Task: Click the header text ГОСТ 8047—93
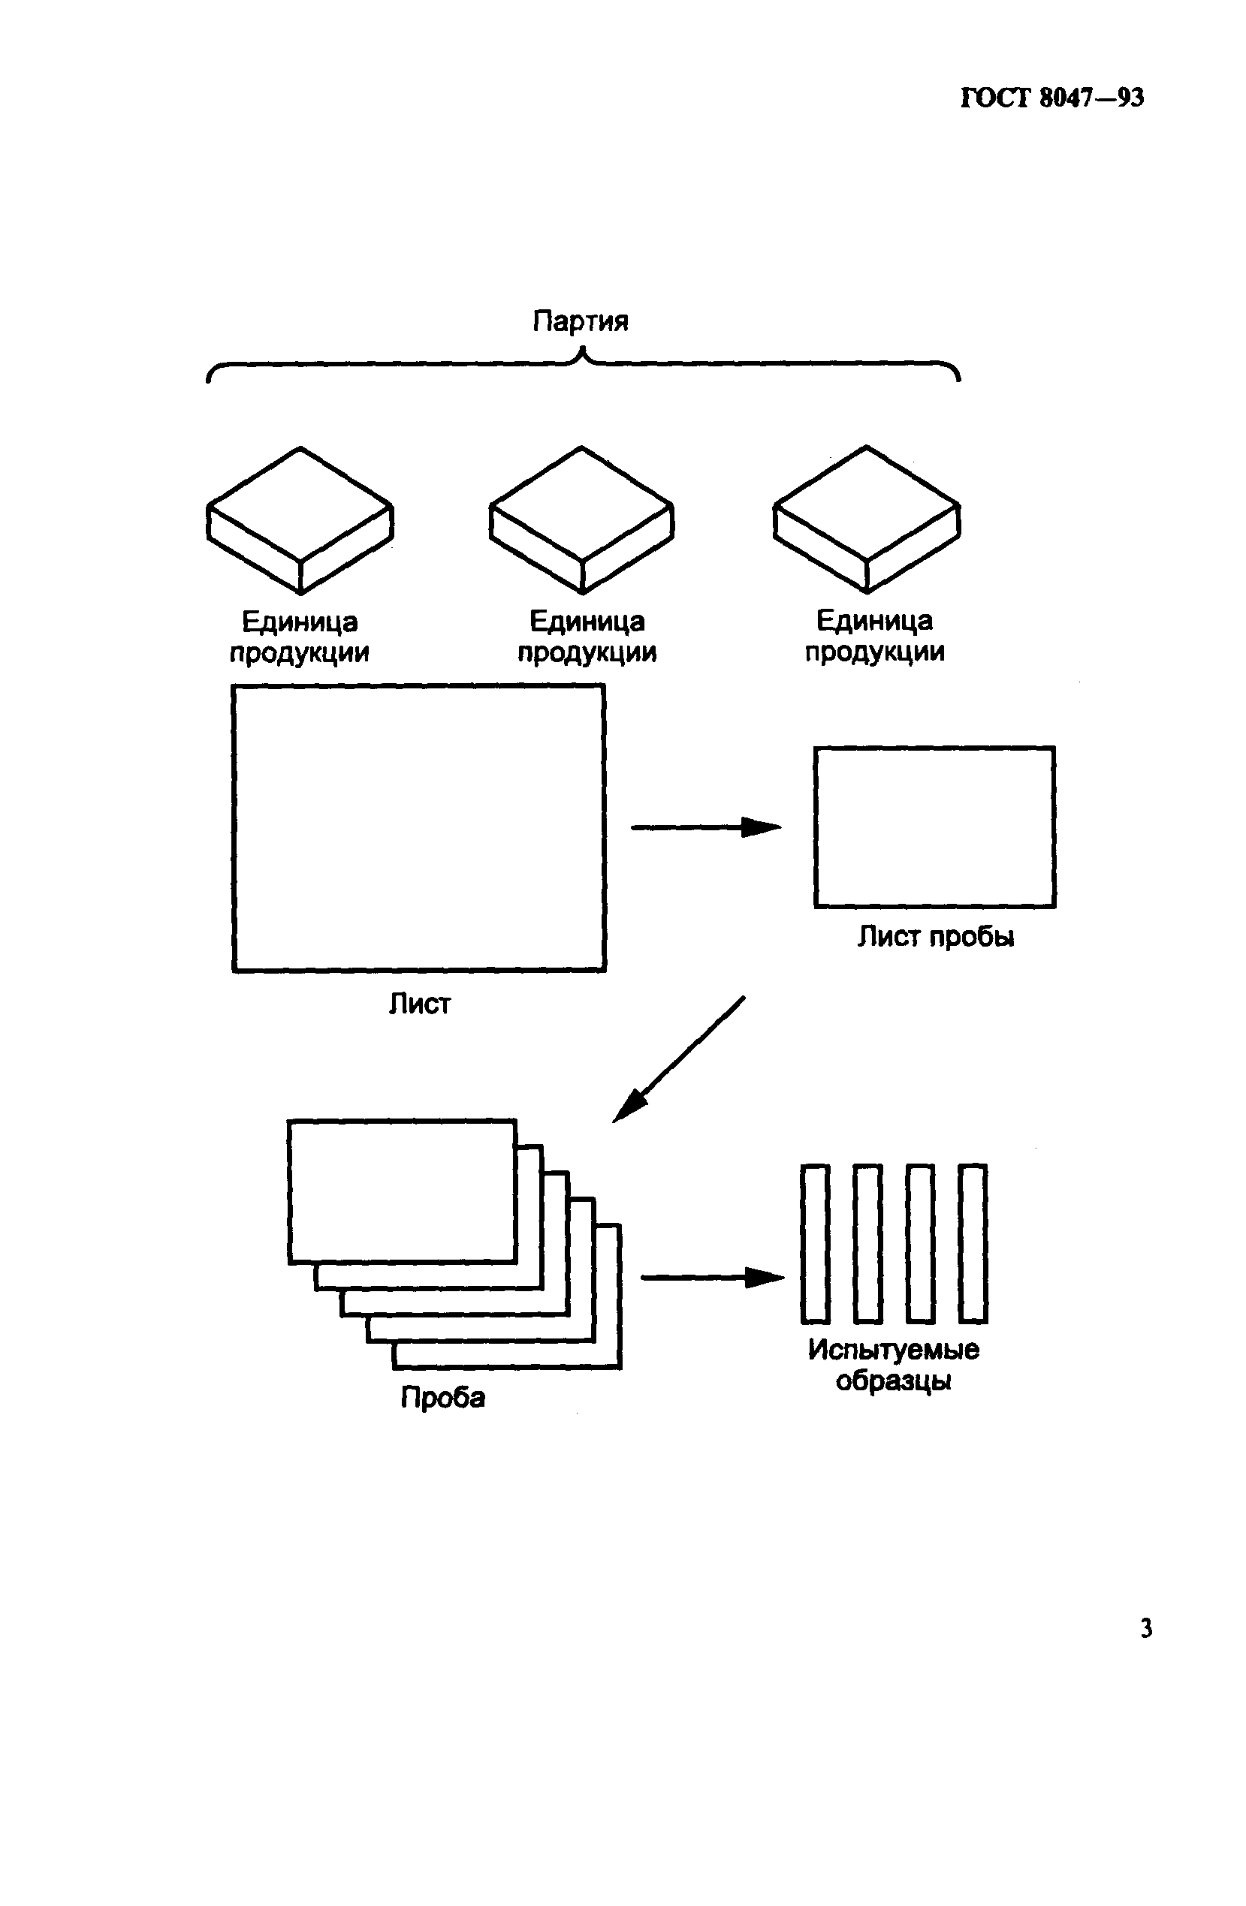click(1051, 98)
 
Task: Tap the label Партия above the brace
click(580, 321)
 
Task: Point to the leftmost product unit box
click(300, 519)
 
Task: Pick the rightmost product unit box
click(866, 519)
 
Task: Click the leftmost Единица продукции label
click(300, 637)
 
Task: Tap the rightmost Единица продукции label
click(874, 636)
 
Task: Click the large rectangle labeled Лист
click(418, 828)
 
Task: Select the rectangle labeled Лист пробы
click(934, 827)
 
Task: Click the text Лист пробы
click(935, 936)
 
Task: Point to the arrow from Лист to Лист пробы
click(705, 827)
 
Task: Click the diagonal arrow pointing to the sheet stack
click(680, 1058)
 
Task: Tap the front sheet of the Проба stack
click(402, 1191)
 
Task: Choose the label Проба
click(442, 1398)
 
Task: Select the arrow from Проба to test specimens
click(711, 1278)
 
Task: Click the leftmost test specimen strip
click(815, 1244)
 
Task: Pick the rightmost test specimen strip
click(973, 1244)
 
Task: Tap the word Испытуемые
click(893, 1350)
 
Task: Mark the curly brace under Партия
click(583, 364)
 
